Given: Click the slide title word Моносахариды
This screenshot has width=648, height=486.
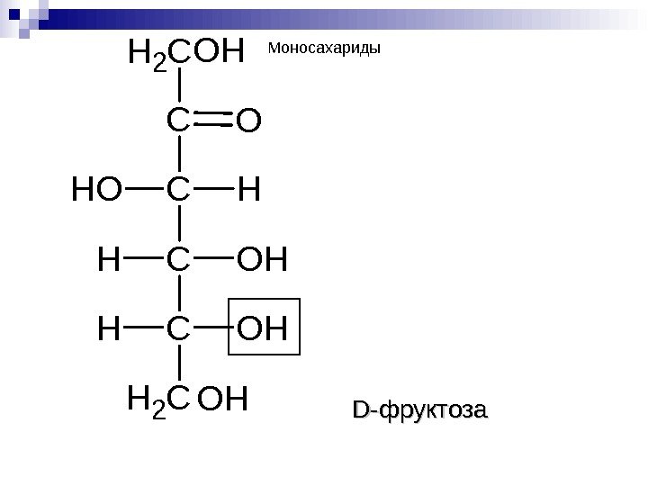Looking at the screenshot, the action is (x=325, y=48).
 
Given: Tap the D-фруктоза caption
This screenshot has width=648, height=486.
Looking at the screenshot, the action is (x=419, y=412).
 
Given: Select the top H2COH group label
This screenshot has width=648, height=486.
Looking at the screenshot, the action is (x=187, y=54).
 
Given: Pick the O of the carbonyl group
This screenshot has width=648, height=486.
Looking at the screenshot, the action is (x=248, y=121).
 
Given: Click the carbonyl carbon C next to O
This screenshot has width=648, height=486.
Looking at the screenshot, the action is (x=179, y=121).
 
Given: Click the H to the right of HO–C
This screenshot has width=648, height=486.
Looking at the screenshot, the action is (x=249, y=190).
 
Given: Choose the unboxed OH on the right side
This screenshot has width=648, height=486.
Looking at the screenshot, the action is (x=263, y=260).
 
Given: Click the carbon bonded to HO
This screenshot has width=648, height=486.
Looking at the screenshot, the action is (x=179, y=190).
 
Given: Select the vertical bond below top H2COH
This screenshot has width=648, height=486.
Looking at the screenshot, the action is (x=180, y=86).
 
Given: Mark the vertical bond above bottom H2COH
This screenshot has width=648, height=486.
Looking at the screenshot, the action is (x=180, y=364).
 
